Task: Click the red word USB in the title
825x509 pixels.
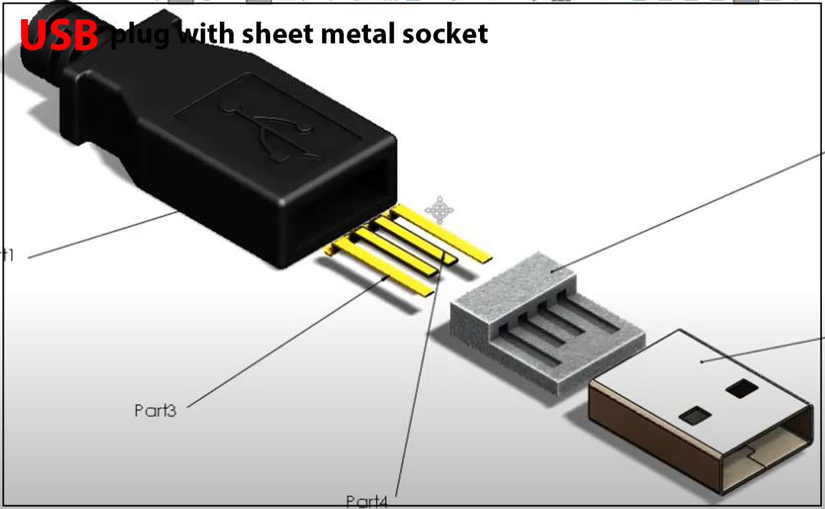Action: coord(59,35)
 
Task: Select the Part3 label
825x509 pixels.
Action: coord(155,410)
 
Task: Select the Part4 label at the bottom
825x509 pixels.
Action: coord(367,500)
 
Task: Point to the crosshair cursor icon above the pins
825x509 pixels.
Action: coord(439,209)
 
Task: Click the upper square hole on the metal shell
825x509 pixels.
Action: coord(741,389)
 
